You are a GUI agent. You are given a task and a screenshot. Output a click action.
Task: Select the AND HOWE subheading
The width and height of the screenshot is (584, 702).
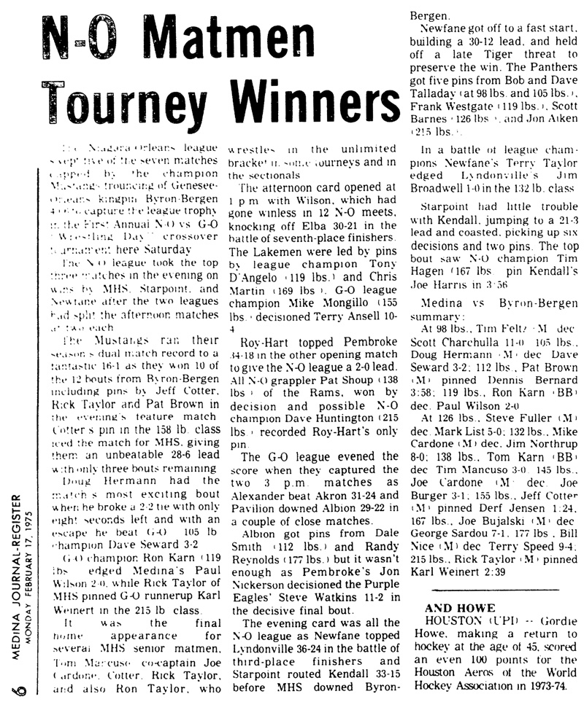coord(460,608)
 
